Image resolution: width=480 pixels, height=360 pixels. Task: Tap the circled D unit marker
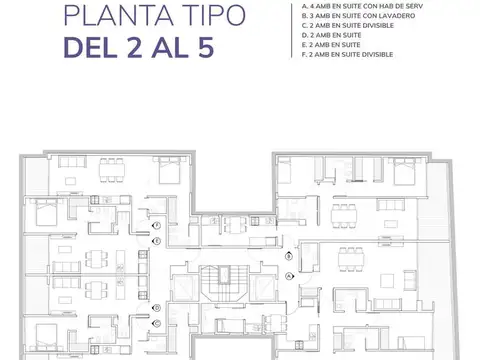(x=156, y=308)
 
